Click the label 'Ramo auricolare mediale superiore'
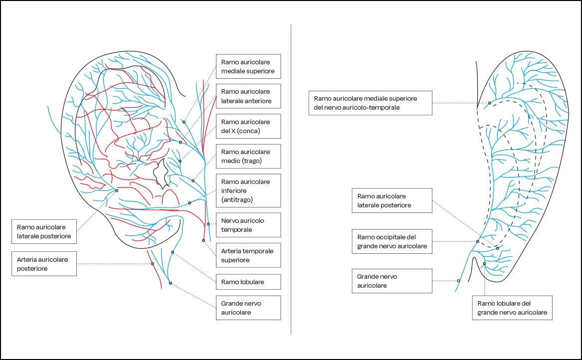click(248, 66)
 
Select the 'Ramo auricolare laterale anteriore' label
click(248, 96)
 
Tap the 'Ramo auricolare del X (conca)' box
click(248, 126)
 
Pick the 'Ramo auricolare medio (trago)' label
click(248, 156)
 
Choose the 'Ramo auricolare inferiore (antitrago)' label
click(248, 190)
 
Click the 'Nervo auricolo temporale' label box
click(248, 225)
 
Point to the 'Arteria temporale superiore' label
click(248, 255)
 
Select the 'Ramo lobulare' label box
click(248, 282)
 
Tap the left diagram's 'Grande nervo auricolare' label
click(248, 308)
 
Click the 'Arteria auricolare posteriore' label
click(43, 263)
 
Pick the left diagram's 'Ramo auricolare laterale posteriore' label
click(43, 231)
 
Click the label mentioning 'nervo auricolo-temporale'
click(370, 103)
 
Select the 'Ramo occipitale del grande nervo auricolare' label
click(392, 242)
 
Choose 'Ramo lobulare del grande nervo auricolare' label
click(512, 308)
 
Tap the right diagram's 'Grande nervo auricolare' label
click(392, 281)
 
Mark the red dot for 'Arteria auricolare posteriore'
click(153, 264)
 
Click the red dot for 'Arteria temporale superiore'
click(203, 240)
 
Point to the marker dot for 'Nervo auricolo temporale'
click(208, 224)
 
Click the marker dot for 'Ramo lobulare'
click(173, 252)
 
